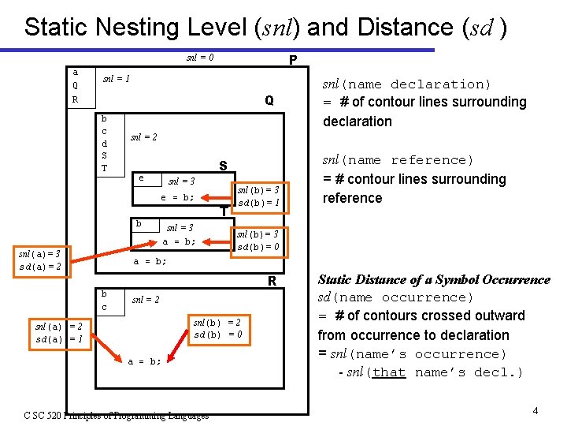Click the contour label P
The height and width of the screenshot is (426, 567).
292,60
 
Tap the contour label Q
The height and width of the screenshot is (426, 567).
269,101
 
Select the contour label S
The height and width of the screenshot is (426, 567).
223,166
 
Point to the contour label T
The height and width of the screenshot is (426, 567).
224,211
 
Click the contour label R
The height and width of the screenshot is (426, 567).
271,281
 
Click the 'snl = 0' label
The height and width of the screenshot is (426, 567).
200,58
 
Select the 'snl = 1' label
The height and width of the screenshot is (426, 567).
117,79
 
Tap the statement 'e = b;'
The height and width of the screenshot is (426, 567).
177,197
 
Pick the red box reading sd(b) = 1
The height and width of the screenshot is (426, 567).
259,196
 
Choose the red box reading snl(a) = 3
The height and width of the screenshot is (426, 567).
45,261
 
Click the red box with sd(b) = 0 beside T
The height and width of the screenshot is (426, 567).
259,241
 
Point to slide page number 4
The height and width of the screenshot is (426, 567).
535,411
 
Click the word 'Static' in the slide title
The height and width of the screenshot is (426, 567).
57,27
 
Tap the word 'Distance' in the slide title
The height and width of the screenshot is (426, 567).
405,27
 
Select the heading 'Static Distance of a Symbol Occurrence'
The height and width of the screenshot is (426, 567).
433,280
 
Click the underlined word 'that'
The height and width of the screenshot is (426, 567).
388,372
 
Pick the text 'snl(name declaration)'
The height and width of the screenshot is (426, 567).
407,84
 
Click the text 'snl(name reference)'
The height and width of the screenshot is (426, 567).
398,160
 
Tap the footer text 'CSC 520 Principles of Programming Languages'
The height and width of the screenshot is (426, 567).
116,415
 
